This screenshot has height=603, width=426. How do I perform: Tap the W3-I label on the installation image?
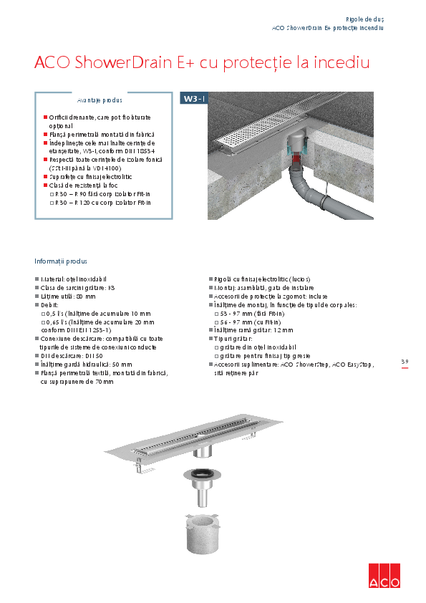click(194, 99)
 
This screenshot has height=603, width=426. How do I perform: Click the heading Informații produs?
click(61, 261)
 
